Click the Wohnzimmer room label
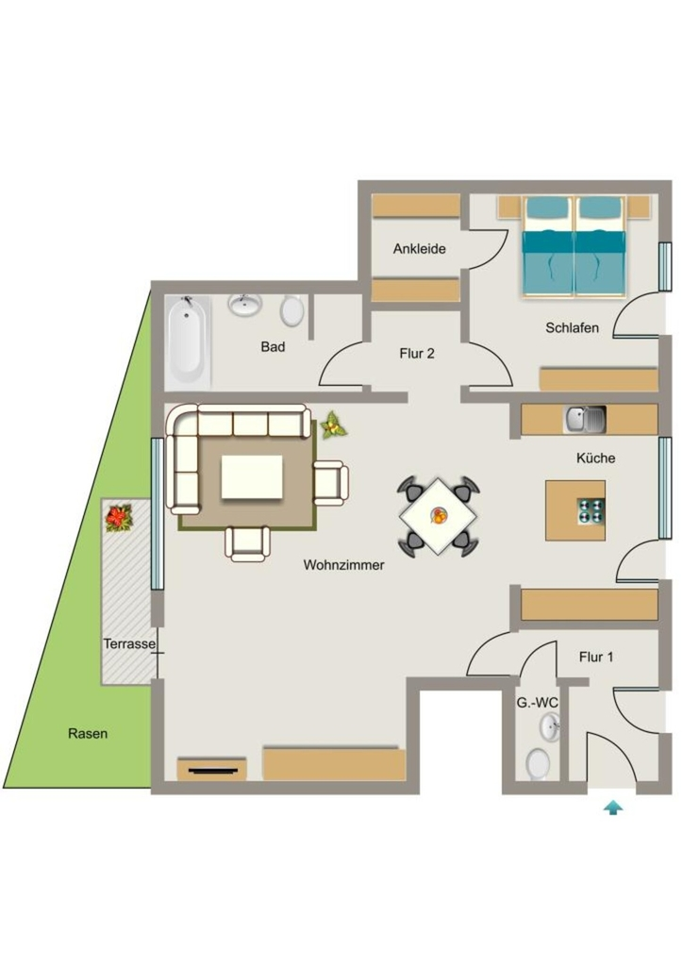pos(343,565)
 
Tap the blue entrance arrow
pos(613,808)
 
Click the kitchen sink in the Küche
pos(585,420)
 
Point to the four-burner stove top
pos(591,511)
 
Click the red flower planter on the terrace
pos(119,518)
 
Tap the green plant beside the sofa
pos(333,425)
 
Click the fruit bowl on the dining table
pos(439,516)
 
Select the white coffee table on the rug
pos(252,476)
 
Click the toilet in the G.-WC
pos(539,764)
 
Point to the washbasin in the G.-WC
pos(550,727)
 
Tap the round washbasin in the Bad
pos(245,305)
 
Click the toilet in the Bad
pos(292,311)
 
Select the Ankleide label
pos(420,249)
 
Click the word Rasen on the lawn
pos(88,734)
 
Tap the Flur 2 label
pos(417,354)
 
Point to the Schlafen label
pos(572,327)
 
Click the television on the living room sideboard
pos(212,770)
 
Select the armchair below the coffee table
pos(247,543)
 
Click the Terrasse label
pos(129,643)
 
